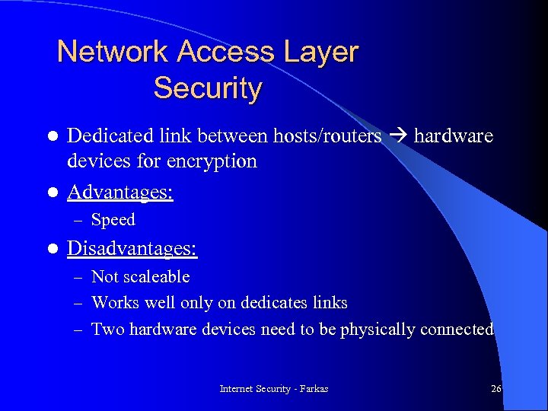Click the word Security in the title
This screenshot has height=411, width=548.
207,88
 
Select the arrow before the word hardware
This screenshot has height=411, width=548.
397,136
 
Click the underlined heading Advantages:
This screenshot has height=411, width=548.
120,192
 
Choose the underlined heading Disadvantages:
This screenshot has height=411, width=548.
132,249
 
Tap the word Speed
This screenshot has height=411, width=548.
113,220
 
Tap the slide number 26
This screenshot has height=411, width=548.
496,389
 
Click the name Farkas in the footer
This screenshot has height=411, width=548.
314,389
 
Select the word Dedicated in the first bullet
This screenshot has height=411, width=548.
110,136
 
